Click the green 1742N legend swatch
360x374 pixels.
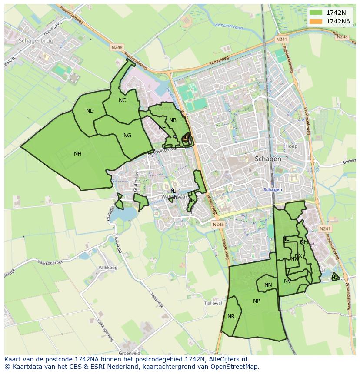[x=316, y=13]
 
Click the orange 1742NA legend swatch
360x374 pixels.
[x=316, y=21]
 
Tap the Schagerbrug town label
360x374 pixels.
[x=35, y=40]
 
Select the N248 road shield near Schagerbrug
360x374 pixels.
[x=117, y=47]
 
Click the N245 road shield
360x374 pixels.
[x=218, y=224]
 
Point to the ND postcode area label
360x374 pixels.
[x=90, y=111]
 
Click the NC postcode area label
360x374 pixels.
[x=122, y=100]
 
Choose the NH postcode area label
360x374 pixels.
[x=78, y=153]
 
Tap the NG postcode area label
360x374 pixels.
[x=127, y=136]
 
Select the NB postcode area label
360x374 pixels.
[x=173, y=120]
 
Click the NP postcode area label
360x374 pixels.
[x=257, y=301]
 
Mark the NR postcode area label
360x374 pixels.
[x=231, y=317]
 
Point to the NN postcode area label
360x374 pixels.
[x=268, y=285]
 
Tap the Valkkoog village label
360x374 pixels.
[x=108, y=268]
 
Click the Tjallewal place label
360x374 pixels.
[x=213, y=303]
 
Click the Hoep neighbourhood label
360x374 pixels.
[x=291, y=146]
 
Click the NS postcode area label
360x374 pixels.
[x=335, y=277]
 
